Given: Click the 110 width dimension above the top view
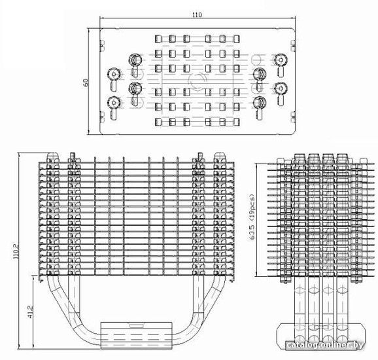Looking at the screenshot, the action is (198, 14).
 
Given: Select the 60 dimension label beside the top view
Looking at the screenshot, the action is (86, 82).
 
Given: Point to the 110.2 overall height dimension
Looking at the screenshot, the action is (16, 251).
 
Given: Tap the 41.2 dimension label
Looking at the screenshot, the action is (30, 312).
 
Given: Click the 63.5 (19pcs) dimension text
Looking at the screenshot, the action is (252, 217).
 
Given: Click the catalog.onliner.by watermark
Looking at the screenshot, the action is (325, 346).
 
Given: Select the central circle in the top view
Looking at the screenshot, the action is (198, 81).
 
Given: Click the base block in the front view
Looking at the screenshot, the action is (136, 335).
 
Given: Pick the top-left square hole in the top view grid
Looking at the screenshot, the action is (158, 39).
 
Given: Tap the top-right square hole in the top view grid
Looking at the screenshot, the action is (237, 39).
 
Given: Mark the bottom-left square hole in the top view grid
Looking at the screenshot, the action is (158, 122).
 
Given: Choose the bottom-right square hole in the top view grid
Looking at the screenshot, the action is (237, 122).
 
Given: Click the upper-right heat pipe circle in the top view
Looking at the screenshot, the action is (281, 60).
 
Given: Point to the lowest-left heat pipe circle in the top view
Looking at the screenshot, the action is (114, 103).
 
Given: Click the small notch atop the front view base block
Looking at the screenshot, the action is (137, 326).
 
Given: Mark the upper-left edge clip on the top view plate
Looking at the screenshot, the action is (102, 46).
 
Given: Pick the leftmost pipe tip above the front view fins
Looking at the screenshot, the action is (52, 155).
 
